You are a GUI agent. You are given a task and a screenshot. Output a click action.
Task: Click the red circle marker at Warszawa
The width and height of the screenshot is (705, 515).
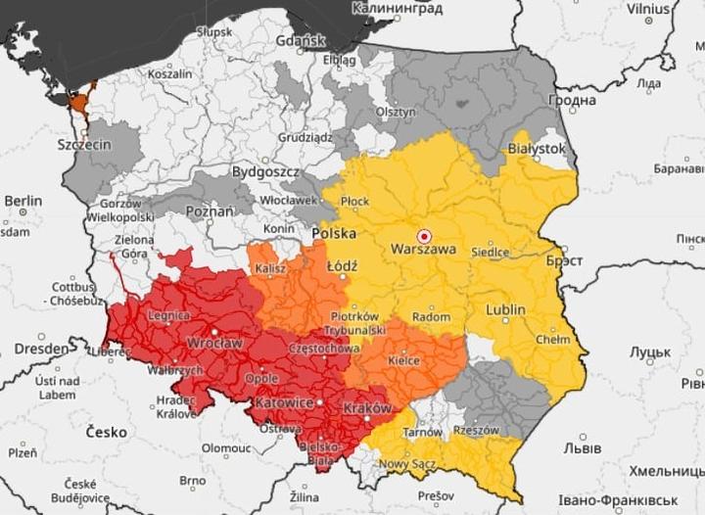coord(424,235)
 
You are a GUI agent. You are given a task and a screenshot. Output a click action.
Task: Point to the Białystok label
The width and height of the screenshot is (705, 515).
coord(537,147)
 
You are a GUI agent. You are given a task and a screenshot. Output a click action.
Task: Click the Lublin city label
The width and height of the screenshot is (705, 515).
coord(504,310)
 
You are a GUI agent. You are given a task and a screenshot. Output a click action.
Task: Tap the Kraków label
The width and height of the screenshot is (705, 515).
coord(368,407)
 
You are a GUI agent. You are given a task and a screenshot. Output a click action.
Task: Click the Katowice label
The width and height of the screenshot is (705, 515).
coord(283,402)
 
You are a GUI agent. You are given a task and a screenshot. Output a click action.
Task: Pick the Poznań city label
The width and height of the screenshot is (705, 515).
coord(210,211)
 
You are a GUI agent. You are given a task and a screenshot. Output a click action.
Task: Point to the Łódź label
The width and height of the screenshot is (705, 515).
coord(343,265)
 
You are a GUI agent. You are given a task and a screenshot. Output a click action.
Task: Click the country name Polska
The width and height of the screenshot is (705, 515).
coord(334,235)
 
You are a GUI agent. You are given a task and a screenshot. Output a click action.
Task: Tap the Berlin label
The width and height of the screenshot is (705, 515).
coord(23,201)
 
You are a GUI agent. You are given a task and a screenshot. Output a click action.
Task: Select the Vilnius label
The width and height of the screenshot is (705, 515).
coord(648,9)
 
